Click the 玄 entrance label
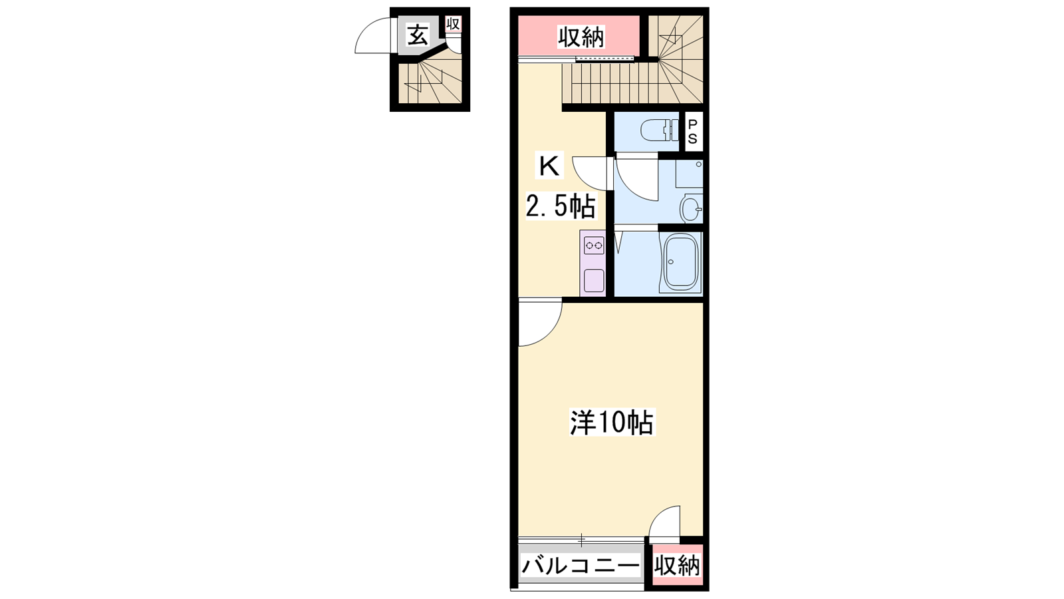pyautogui.click(x=418, y=36)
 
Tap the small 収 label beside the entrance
pyautogui.click(x=453, y=24)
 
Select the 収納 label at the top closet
pyautogui.click(x=581, y=37)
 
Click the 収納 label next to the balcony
pyautogui.click(x=677, y=566)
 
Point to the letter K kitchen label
pyautogui.click(x=549, y=166)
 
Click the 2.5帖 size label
pyautogui.click(x=560, y=206)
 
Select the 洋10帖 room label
pyautogui.click(x=612, y=422)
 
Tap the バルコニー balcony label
pyautogui.click(x=581, y=566)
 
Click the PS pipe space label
pyautogui.click(x=693, y=132)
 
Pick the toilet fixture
pyautogui.click(x=659, y=130)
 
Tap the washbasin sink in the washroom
pyautogui.click(x=690, y=208)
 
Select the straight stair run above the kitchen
pyautogui.click(x=608, y=83)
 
